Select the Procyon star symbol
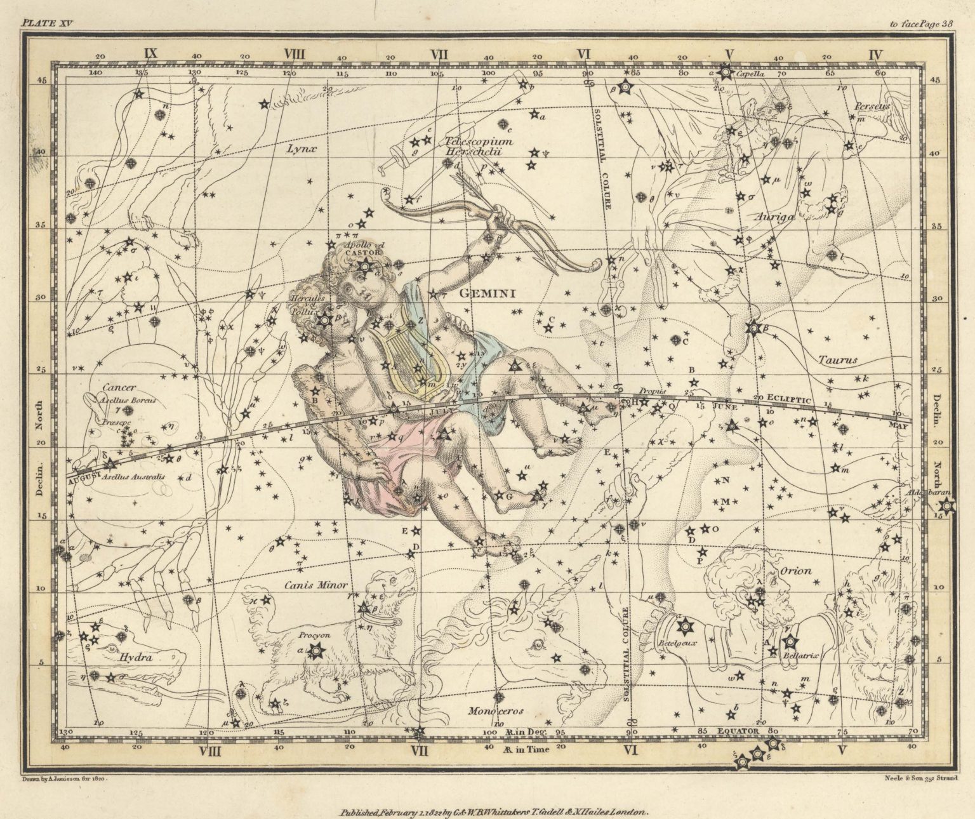(315, 649)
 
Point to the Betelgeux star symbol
(684, 627)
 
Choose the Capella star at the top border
(726, 72)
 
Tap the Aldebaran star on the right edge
(946, 506)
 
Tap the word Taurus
(837, 359)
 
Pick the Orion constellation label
(795, 571)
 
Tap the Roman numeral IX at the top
(150, 53)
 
